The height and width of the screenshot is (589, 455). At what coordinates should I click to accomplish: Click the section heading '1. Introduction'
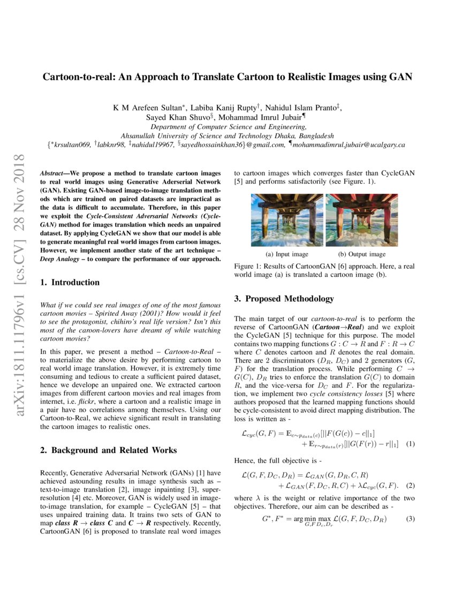(70, 282)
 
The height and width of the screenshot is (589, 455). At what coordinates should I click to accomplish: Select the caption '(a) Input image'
(287, 254)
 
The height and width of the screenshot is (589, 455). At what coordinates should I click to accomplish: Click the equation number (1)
(410, 444)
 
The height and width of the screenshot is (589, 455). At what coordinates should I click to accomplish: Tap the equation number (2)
(410, 485)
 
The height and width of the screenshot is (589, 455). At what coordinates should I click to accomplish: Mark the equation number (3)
(410, 519)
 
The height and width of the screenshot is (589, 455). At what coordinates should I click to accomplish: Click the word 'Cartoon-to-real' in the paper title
(79, 77)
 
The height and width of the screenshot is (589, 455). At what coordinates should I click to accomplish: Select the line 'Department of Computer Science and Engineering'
(228, 127)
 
